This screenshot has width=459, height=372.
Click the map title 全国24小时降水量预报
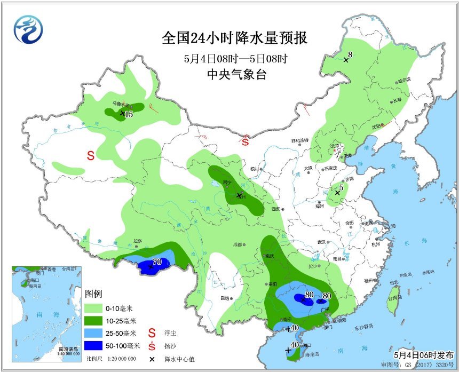pos(234,39)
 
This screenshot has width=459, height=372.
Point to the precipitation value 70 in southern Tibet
pos(157,262)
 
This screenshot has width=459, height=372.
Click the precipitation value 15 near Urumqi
pos(129,114)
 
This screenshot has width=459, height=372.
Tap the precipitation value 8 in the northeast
pos(350,54)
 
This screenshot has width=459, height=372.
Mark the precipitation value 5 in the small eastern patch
pos(340,188)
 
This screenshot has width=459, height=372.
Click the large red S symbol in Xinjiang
pos(91,156)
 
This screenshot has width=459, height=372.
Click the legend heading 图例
pos(93,294)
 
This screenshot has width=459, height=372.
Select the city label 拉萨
pos(138,241)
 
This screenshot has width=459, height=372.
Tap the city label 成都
pos(238,244)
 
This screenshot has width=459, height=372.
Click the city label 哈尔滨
pos(405,80)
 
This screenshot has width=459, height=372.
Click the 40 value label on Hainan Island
pos(294,344)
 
